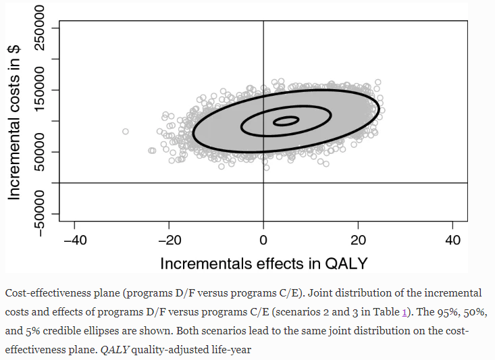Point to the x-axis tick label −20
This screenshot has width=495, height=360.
[169, 240]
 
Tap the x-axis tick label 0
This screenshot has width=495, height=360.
[263, 240]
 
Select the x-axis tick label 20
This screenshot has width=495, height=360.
[359, 240]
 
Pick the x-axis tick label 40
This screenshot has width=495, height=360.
[453, 240]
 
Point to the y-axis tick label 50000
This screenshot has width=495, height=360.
[45, 152]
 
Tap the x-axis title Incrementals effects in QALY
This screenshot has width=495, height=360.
[263, 263]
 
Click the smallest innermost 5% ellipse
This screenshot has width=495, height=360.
[286, 122]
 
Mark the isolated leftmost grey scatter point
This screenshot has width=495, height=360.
[125, 131]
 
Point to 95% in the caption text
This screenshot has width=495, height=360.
[442, 313]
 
